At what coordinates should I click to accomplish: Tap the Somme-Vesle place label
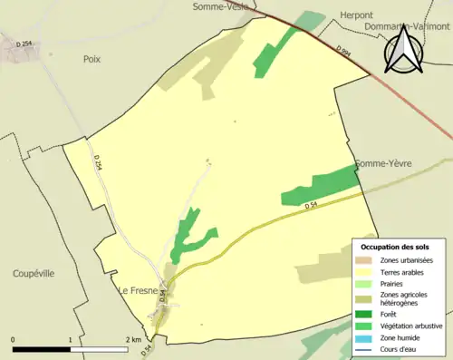click(x=220, y=6)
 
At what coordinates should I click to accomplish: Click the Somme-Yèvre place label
click(x=383, y=163)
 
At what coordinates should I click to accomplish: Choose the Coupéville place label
click(x=34, y=273)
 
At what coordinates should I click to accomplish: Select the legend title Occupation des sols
click(x=395, y=247)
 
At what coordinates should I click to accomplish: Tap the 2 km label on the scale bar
click(x=133, y=340)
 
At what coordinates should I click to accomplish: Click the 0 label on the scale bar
click(x=14, y=340)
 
